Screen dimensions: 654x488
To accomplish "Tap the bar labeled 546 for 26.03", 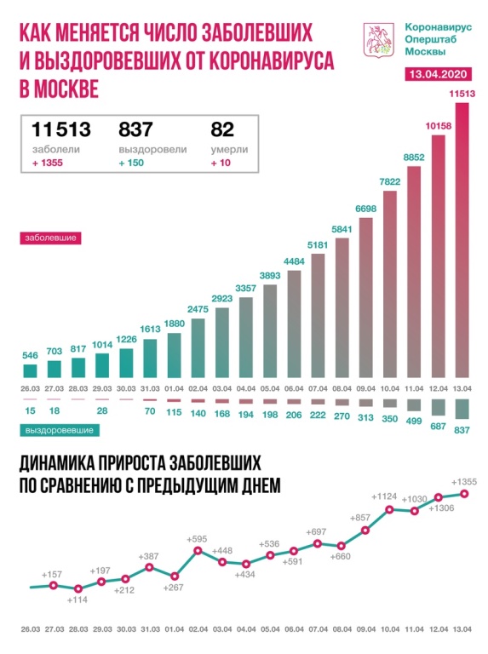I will (x=30, y=370).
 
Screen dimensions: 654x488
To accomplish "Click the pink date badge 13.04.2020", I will (x=439, y=76).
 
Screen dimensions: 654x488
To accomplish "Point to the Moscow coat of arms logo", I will (x=376, y=42).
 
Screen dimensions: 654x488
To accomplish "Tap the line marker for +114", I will (x=78, y=588).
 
